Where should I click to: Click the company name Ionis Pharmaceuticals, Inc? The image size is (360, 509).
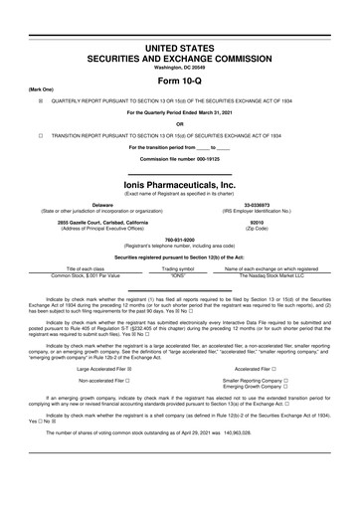(x=179, y=185)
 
